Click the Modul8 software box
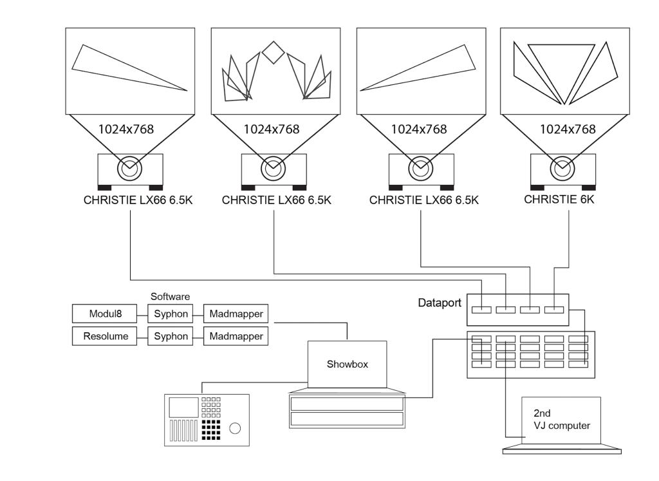coord(104,314)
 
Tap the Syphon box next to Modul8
coord(171,314)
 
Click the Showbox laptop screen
coord(348,365)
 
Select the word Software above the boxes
coord(171,297)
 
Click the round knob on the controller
coord(236,428)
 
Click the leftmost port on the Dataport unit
coord(481,310)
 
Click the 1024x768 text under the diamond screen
coord(271,129)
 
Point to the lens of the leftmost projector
coord(129,169)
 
